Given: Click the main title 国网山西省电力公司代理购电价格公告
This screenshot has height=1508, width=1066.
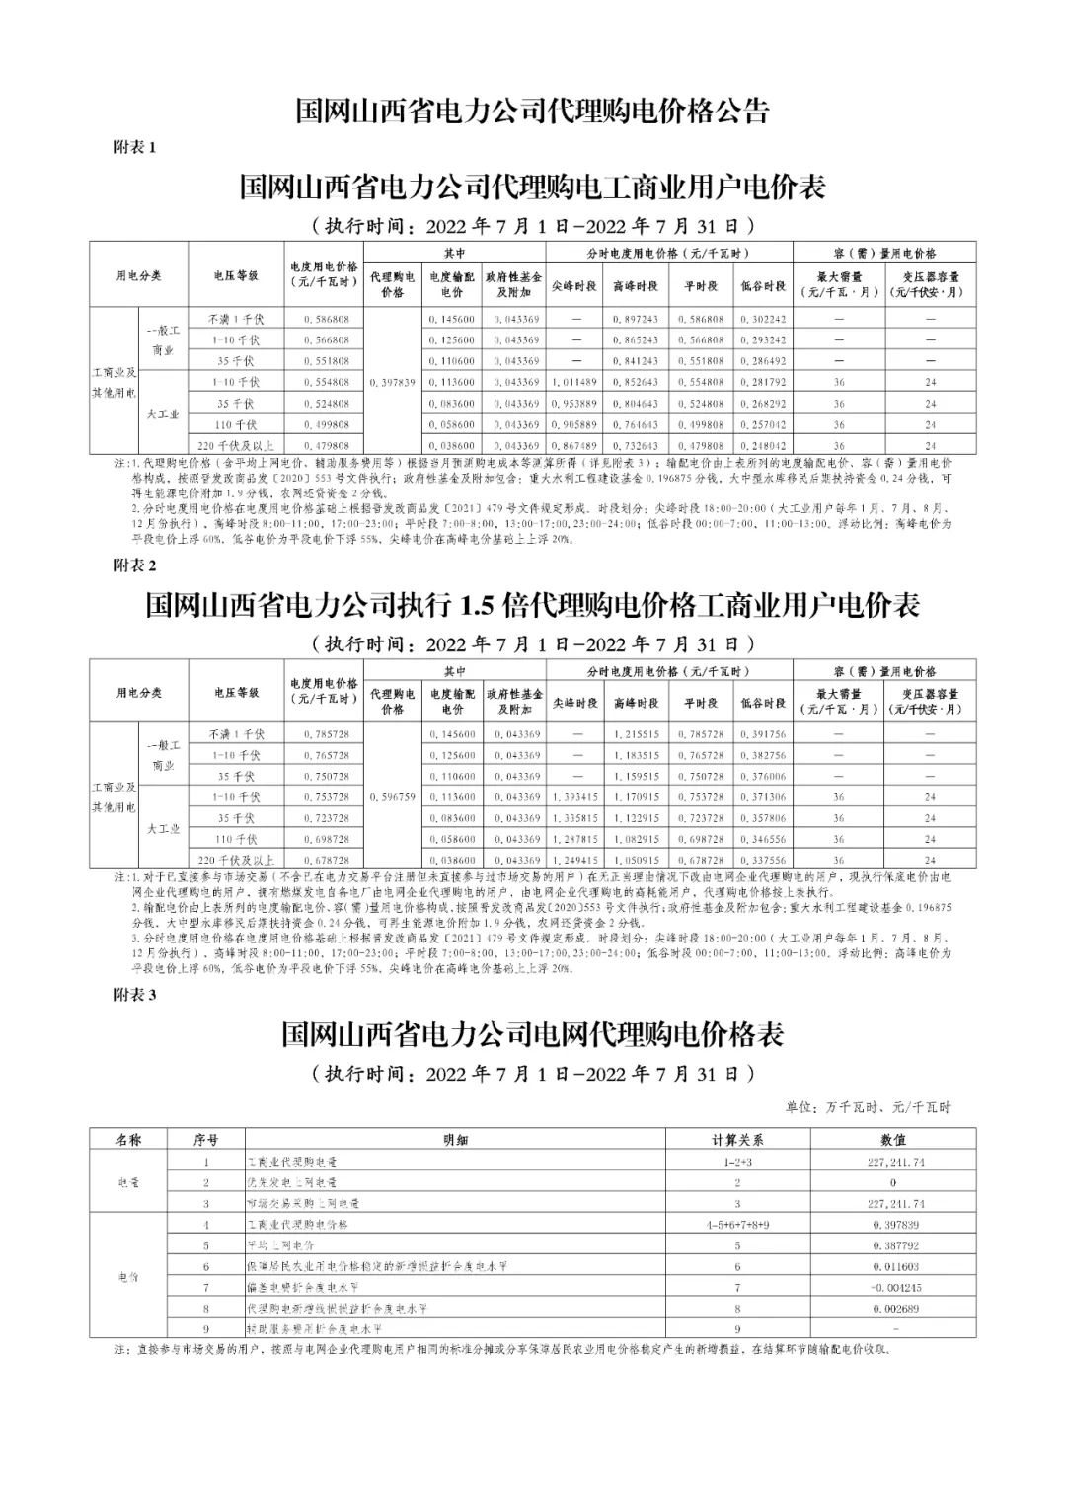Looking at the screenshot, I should coord(532,111).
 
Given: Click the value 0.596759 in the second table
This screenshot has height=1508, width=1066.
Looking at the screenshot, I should coord(392,796).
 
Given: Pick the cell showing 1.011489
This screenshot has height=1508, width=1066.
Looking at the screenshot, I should coord(574,382).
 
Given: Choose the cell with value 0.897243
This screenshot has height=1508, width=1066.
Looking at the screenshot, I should coord(636,319).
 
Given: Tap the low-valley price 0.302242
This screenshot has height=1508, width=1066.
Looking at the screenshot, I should coord(763,319).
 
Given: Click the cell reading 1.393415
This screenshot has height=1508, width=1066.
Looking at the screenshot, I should coord(574,796).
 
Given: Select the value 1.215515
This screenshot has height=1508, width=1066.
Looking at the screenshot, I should coord(636,734).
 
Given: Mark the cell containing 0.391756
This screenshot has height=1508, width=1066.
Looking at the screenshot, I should coord(763,734).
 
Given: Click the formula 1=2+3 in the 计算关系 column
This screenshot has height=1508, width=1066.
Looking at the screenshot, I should coord(737,1162).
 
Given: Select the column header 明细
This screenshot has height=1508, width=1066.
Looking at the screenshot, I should coord(456,1140).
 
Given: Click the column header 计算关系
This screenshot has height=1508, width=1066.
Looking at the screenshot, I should coord(737,1140).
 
